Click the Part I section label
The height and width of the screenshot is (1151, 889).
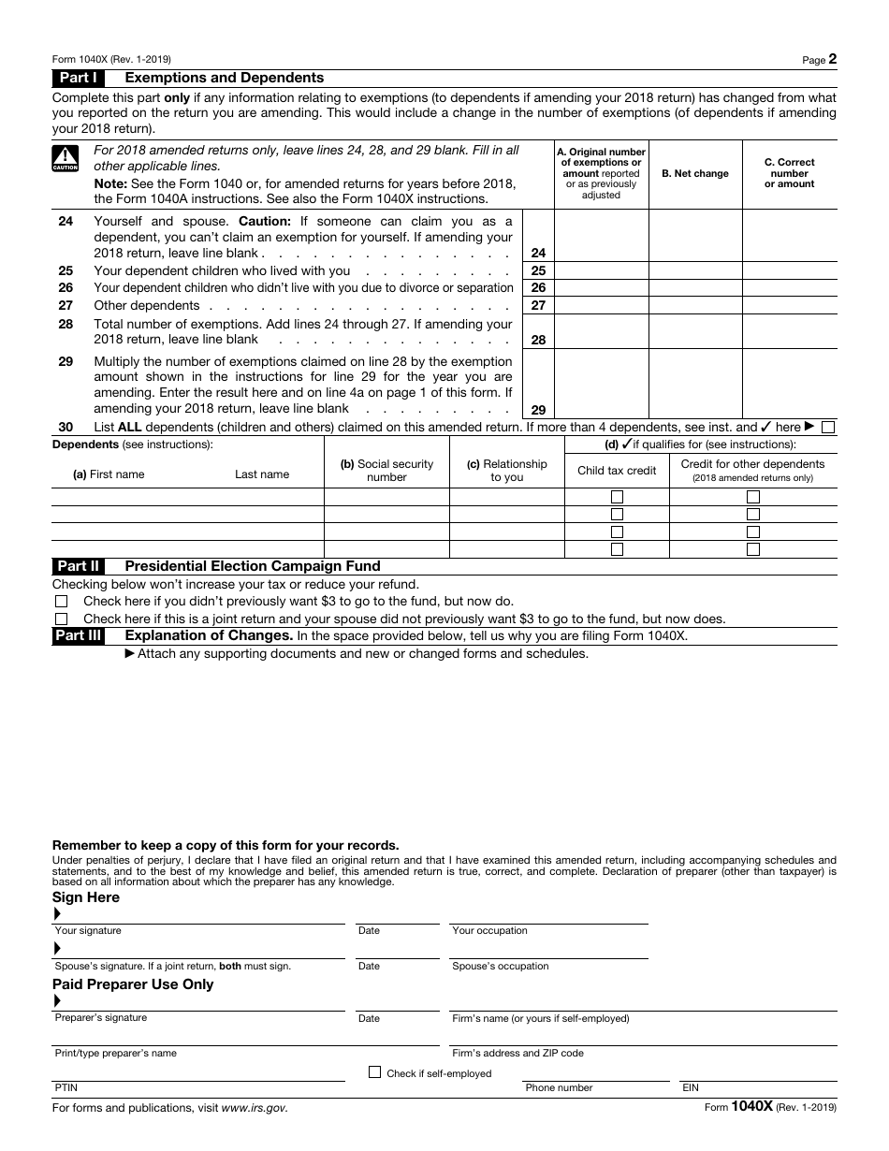pos(79,79)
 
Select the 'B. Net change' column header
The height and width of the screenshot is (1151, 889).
pos(694,174)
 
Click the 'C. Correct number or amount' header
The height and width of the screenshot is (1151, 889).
pos(789,173)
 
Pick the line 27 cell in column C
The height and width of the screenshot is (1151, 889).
pos(789,306)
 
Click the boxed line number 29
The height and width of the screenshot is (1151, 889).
pos(538,410)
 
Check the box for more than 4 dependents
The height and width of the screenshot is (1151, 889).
pos(827,428)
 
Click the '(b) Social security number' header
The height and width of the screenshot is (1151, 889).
pos(386,471)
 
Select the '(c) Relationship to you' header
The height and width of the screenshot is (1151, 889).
pos(506,471)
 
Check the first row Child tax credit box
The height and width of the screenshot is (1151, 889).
pos(617,497)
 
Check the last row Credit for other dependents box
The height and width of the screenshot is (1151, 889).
pos(752,549)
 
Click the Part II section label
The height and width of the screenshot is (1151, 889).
pos(79,566)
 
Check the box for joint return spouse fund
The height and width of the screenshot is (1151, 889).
pos(61,619)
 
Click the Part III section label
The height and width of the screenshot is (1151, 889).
pos(79,636)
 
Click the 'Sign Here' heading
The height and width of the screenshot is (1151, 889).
pos(86,897)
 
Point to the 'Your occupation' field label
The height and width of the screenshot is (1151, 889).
pos(489,931)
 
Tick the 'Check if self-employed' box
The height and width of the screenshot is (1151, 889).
pos(375,1072)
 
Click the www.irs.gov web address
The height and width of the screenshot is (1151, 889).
pos(255,1108)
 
